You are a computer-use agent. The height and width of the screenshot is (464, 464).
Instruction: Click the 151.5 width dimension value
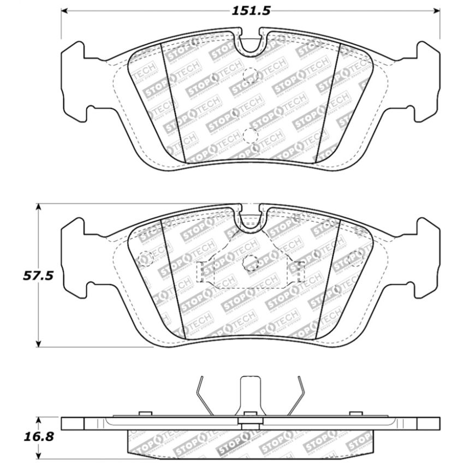(x=251, y=10)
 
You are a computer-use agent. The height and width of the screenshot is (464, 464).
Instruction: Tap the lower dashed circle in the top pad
(x=251, y=136)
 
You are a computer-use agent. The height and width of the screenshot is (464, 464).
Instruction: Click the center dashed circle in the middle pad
(x=251, y=261)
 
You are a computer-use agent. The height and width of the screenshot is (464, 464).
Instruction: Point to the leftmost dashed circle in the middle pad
(x=146, y=259)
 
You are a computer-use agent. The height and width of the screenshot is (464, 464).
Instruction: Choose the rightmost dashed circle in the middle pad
(x=355, y=259)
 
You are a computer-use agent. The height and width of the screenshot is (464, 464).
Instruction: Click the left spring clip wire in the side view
(x=204, y=395)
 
